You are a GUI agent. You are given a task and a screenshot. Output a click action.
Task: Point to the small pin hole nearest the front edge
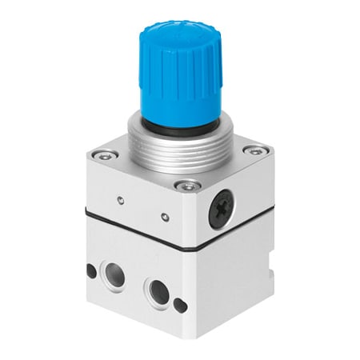tap(164, 216)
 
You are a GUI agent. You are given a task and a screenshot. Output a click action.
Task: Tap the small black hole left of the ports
tap(91, 270)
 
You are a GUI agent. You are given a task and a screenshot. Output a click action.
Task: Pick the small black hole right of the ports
tap(181, 304)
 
